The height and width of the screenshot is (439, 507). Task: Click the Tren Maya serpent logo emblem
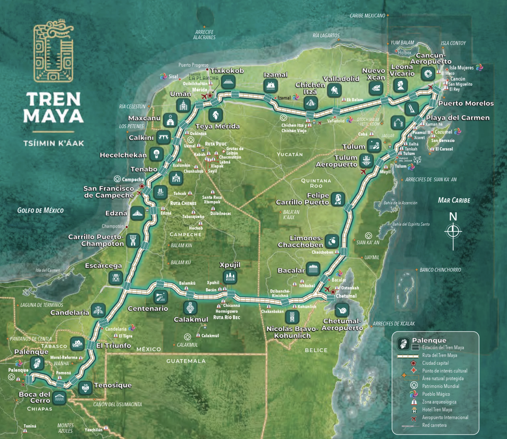pyautogui.click(x=53, y=52)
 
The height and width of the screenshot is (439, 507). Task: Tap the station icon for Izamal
pyautogui.click(x=270, y=86)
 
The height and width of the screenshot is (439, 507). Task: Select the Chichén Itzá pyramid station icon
pyautogui.click(x=310, y=103)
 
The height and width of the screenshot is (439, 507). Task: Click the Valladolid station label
pyautogui.click(x=341, y=79)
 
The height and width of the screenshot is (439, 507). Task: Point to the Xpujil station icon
pyautogui.click(x=230, y=277)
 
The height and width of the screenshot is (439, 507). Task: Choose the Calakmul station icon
pyautogui.click(x=190, y=308)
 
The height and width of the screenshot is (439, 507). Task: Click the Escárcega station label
pyautogui.click(x=103, y=265)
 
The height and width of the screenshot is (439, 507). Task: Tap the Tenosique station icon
pyautogui.click(x=85, y=388)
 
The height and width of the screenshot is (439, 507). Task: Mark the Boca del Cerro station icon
pyautogui.click(x=59, y=398)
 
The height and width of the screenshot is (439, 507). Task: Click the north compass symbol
pyautogui.click(x=453, y=231)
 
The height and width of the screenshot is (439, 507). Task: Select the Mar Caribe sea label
pyautogui.click(x=454, y=200)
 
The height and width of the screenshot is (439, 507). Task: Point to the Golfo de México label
pyautogui.click(x=40, y=210)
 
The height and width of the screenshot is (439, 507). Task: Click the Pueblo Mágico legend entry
pyautogui.click(x=436, y=394)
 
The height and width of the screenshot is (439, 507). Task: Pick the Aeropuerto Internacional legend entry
pyautogui.click(x=445, y=417)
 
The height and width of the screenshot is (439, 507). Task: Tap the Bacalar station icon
pyautogui.click(x=313, y=269)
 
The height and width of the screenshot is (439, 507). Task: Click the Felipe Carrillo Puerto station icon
pyautogui.click(x=338, y=199)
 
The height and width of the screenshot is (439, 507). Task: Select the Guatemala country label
pyautogui.click(x=186, y=361)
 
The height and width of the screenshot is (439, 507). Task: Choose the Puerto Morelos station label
pyautogui.click(x=466, y=103)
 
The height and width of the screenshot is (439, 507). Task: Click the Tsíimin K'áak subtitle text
pyautogui.click(x=54, y=143)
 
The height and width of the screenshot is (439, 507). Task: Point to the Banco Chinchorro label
pyautogui.click(x=440, y=270)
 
